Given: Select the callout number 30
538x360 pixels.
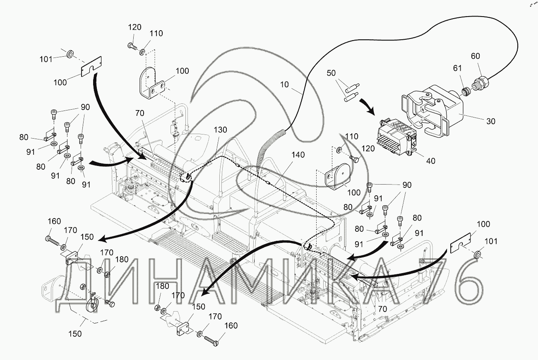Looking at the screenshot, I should pos(490,121).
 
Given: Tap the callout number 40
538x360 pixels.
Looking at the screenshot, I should pos(431,161).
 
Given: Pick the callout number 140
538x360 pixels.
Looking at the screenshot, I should pos(298,155).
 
